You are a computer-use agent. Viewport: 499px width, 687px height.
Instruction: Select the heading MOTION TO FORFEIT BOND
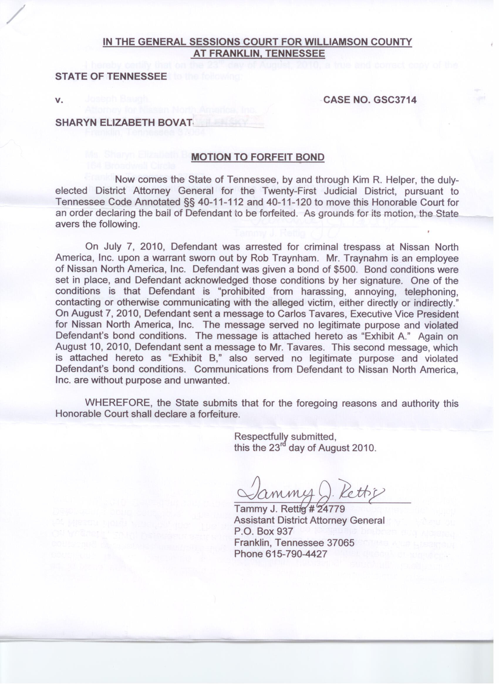coord(258,157)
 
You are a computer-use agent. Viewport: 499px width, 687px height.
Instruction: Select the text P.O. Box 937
coord(264,531)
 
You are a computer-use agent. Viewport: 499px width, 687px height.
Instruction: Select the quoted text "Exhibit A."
coord(385,336)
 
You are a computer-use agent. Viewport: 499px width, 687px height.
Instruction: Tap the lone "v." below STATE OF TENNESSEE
coord(59,100)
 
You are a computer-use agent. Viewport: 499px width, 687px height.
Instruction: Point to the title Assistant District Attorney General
coord(309,520)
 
